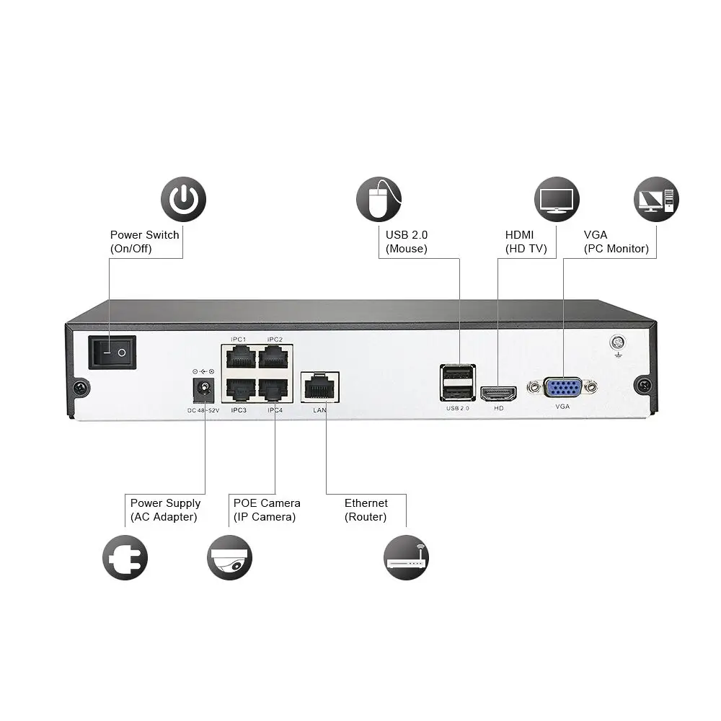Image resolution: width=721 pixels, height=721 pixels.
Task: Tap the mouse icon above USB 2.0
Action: pos(379,200)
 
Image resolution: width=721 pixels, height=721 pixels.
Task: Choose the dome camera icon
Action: pos(229,557)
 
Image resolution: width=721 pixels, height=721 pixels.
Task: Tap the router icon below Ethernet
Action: pos(406,557)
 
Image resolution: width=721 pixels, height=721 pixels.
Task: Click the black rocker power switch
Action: pos(113,353)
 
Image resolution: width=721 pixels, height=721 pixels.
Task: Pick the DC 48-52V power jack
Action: pos(204,390)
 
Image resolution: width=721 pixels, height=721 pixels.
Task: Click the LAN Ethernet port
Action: pos(319,388)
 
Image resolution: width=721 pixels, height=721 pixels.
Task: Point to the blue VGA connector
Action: pos(563,387)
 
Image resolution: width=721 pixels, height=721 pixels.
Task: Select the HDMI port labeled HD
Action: pos(499,393)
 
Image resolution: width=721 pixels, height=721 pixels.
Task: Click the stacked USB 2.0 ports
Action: pos(458,383)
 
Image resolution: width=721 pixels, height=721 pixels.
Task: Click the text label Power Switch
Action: pos(144,235)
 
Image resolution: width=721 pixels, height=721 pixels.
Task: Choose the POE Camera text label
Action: pos(266,503)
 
